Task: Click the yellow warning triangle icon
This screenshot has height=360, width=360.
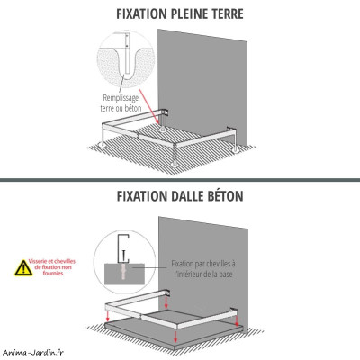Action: point(22,268)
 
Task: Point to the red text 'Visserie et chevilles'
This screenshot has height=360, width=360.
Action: point(58,261)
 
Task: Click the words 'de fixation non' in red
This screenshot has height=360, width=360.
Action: point(58,268)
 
